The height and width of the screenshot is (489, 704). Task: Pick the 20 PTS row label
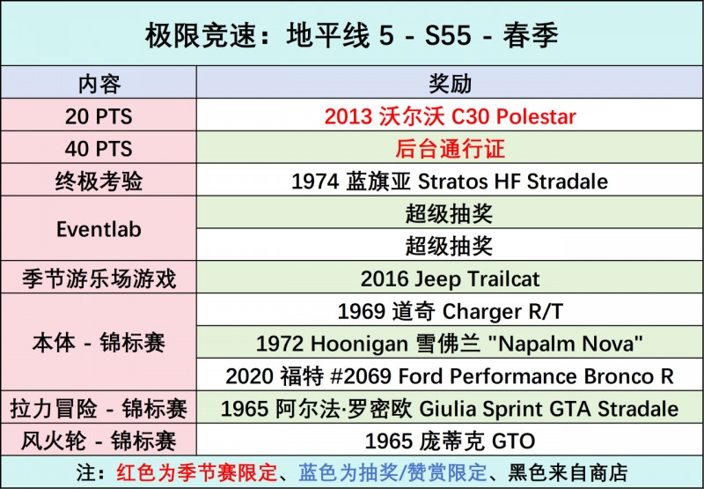click(x=99, y=116)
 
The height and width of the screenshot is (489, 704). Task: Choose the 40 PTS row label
click(x=99, y=149)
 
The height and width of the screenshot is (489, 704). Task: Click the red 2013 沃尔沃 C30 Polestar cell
click(x=450, y=116)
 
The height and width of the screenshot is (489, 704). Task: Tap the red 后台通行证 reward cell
click(x=450, y=149)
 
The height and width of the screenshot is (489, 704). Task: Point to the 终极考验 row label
click(x=99, y=182)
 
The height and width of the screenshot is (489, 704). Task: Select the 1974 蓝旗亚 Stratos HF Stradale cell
click(x=450, y=182)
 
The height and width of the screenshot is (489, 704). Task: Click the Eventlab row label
click(x=99, y=229)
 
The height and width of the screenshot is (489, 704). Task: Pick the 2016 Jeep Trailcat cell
click(x=450, y=278)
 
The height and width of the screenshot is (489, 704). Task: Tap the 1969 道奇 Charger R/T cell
click(x=450, y=311)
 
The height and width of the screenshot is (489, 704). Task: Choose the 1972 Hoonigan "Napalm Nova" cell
click(x=450, y=343)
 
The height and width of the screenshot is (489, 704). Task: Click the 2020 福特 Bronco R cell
click(x=450, y=375)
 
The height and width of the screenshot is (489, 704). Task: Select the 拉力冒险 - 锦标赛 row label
click(x=99, y=409)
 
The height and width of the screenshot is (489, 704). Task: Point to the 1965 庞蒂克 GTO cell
click(x=450, y=441)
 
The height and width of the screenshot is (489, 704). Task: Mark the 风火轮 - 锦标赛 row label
click(x=99, y=441)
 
